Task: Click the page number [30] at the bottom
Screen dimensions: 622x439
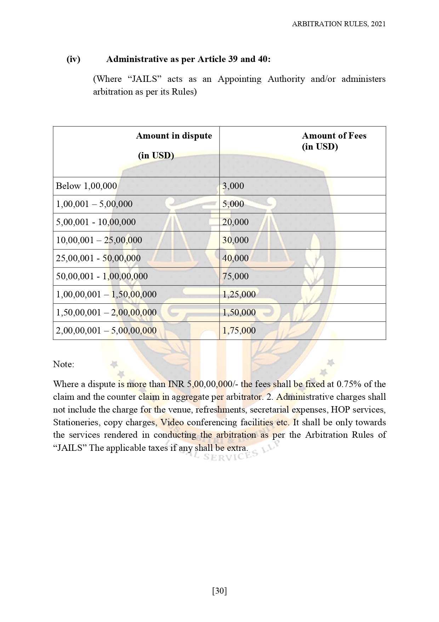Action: (219, 591)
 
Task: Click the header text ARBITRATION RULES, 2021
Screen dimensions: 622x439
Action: (338, 24)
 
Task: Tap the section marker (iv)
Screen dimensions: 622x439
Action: (74, 59)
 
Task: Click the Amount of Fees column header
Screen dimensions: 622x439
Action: (334, 141)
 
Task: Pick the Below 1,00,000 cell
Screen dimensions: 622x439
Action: (86, 186)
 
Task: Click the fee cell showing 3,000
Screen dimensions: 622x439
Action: (233, 186)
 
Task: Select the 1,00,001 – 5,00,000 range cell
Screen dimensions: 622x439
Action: (94, 204)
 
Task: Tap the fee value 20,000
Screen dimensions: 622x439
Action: (235, 222)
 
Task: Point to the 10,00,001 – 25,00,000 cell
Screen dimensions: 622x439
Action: (99, 240)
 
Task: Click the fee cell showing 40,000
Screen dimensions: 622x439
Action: (235, 258)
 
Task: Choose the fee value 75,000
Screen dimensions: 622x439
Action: (235, 276)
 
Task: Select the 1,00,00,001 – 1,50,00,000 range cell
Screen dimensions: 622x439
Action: (106, 295)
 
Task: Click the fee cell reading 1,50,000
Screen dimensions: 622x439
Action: (239, 313)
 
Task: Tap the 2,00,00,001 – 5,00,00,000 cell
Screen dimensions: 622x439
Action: (106, 331)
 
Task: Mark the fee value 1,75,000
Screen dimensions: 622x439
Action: (239, 331)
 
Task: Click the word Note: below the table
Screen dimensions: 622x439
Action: (64, 364)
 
